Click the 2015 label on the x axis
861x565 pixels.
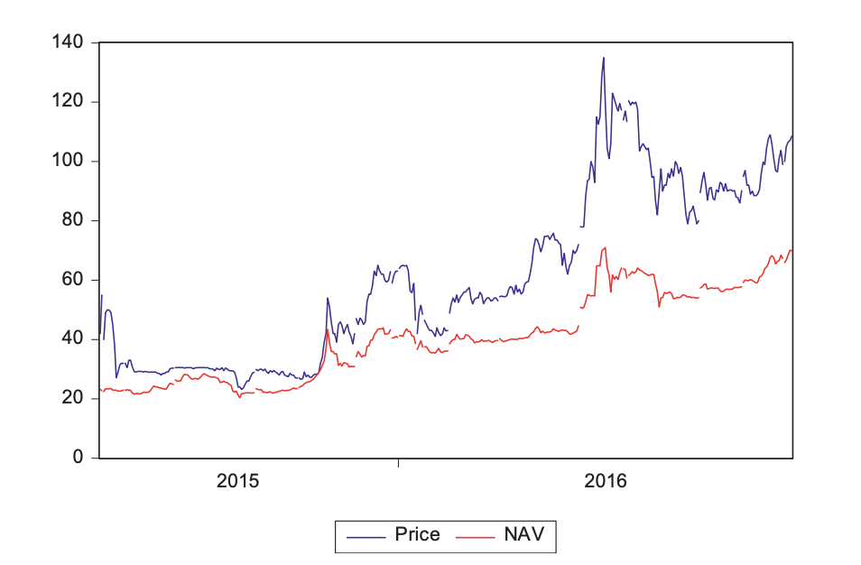click(x=238, y=481)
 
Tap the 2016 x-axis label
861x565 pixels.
click(x=605, y=481)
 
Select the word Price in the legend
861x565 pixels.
click(x=417, y=534)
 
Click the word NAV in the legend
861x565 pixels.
click(x=523, y=534)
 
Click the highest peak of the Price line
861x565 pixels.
click(x=604, y=58)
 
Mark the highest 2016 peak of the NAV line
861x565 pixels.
click(x=605, y=247)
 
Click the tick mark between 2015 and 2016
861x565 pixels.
click(x=398, y=463)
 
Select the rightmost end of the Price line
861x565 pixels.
click(x=792, y=136)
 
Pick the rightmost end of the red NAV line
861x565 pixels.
click(x=792, y=250)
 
